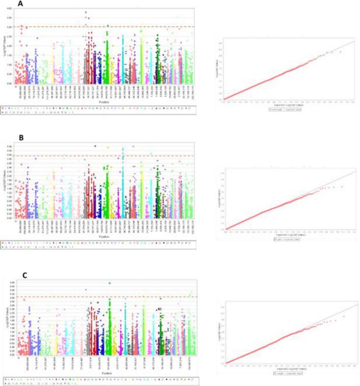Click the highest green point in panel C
point(110,283)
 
